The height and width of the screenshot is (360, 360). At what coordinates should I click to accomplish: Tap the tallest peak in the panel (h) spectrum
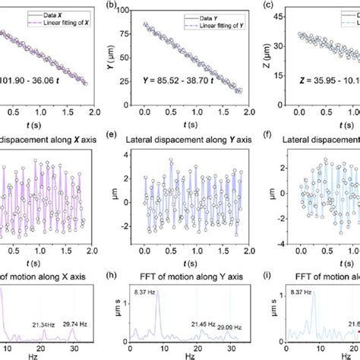click(x=158, y=292)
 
